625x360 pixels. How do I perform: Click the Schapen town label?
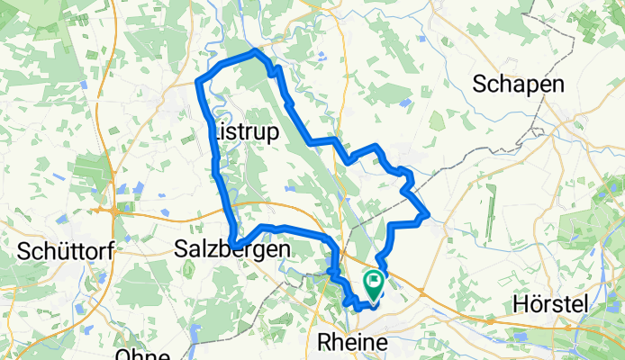click(x=519, y=85)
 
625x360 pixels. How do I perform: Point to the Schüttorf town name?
click(x=65, y=252)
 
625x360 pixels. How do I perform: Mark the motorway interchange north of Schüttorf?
click(x=114, y=213)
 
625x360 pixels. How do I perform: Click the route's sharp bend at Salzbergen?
click(x=232, y=244)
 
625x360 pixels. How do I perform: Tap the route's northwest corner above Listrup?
click(x=199, y=83)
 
